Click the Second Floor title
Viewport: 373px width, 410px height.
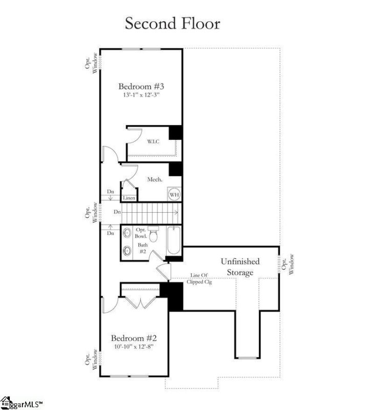tap(173, 24)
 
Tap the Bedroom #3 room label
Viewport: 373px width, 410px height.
tap(141, 86)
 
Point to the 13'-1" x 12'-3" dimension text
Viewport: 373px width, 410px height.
tap(141, 95)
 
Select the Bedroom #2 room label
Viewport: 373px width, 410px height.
tap(134, 338)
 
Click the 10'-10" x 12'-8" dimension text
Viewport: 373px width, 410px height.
tap(134, 347)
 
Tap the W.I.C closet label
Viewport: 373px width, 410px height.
tap(153, 141)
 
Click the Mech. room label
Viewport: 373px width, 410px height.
tap(155, 179)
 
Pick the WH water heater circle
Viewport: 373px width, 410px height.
tap(174, 195)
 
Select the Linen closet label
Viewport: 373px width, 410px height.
tap(129, 198)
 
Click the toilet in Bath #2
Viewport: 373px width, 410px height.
tap(153, 234)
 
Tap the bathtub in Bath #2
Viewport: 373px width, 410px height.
tap(174, 240)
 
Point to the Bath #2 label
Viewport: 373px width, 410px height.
tap(143, 248)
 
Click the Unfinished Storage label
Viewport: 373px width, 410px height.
tap(240, 267)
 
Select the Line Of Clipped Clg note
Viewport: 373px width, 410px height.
tap(199, 278)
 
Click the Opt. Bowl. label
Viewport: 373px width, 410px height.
tap(141, 233)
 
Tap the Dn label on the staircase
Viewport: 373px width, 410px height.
tap(117, 212)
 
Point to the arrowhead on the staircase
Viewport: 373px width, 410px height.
tap(177, 213)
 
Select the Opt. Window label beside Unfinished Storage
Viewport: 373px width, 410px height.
tap(288, 264)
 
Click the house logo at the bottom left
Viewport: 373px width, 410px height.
tap(6, 403)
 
